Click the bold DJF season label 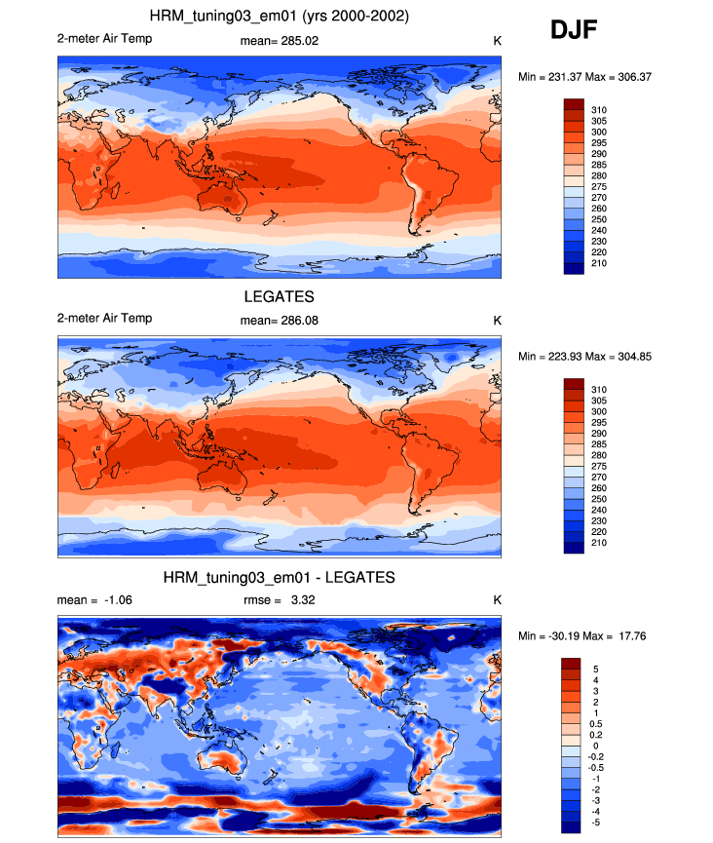pos(574,29)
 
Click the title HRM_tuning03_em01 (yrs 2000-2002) pos(279,17)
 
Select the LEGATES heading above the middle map pos(279,297)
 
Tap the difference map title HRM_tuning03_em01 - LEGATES pos(279,577)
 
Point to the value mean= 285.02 pos(279,41)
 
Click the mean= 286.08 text pos(279,321)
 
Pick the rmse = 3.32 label pos(279,600)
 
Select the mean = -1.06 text pos(94,600)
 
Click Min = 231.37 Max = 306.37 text pos(584,77)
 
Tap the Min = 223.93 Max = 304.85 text pos(584,357)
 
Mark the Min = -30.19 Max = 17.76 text pos(582,636)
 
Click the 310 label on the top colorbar pos(599,110)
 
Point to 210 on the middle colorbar pos(599,543)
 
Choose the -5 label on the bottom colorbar pos(595,823)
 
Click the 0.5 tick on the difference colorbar pos(596,724)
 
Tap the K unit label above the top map pos(497,41)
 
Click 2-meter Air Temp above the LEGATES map pos(105,319)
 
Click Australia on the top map pos(221,198)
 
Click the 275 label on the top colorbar pos(599,187)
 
